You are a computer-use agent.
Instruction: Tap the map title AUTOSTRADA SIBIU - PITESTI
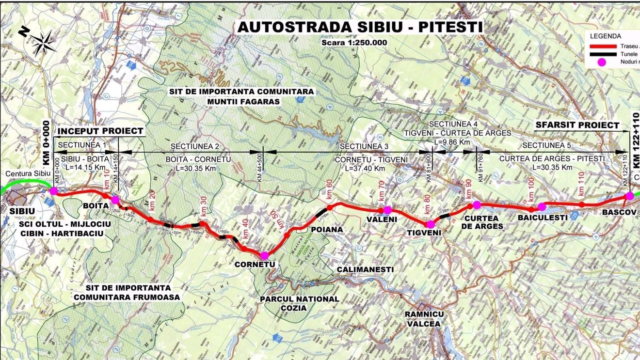coord(360,27)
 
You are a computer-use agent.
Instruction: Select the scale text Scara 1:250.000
coord(354,42)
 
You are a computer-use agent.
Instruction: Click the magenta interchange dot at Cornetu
coord(264,256)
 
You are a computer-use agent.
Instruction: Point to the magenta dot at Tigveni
coord(430,224)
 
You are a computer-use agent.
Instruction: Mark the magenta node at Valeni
coord(387,210)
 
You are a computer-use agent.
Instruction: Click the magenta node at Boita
coord(115,200)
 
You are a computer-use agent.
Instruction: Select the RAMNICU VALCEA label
coord(424,319)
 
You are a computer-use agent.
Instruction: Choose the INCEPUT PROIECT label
coord(101,131)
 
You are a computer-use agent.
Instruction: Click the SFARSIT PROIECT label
coord(577,125)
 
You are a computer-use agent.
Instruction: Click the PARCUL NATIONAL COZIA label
coord(300,303)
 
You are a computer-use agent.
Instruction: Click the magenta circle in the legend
coord(602,63)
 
